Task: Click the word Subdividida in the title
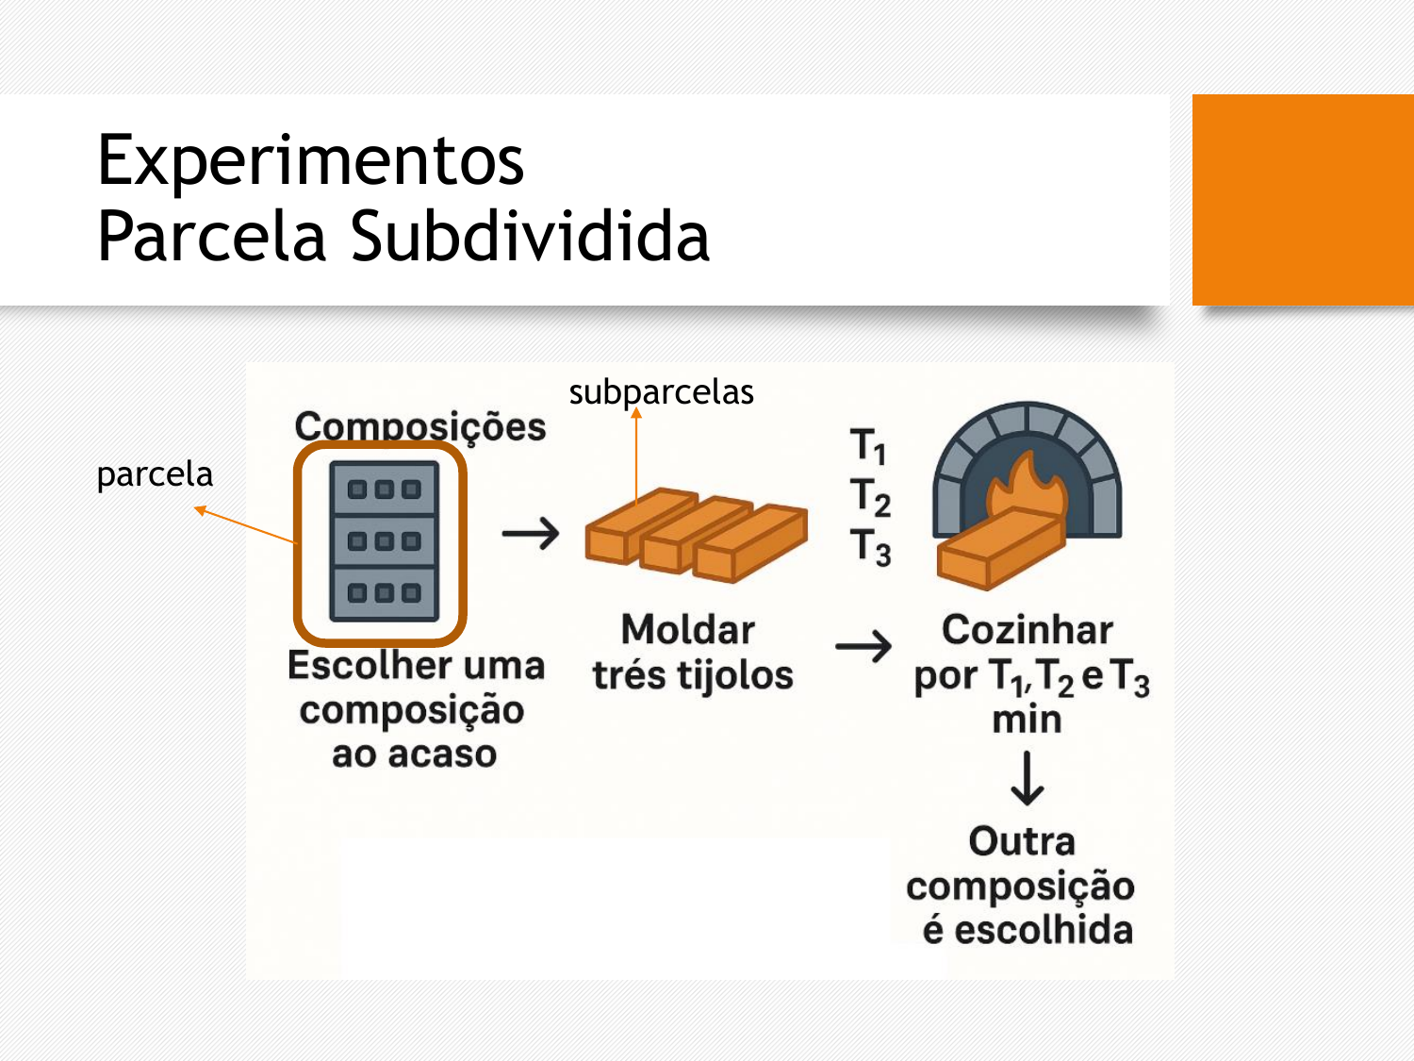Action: point(530,237)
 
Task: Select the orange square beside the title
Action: point(1303,200)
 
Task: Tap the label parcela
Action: point(155,474)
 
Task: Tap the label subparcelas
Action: point(661,392)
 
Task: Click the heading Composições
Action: point(420,426)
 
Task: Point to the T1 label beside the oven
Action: point(868,445)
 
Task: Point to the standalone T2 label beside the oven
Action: point(870,497)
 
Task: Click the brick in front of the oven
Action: point(1000,548)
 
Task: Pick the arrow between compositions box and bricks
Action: point(530,534)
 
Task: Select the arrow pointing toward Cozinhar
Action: point(863,646)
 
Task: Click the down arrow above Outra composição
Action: point(1027,778)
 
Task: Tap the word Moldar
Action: point(688,629)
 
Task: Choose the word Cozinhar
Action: point(1028,629)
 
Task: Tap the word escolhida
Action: point(1043,930)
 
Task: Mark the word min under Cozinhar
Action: point(1027,720)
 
